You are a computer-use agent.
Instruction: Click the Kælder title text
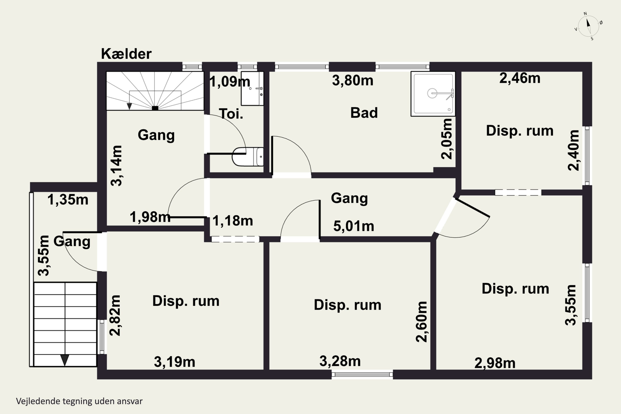126,54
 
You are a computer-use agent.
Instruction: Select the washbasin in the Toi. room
252,88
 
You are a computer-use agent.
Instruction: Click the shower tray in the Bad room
433,94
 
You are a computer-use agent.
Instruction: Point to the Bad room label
364,113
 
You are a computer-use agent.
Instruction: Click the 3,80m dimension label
353,81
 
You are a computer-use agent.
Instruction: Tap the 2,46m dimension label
520,78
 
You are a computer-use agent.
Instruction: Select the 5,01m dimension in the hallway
354,226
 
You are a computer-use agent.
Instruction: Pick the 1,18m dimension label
233,221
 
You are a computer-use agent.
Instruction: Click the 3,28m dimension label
340,361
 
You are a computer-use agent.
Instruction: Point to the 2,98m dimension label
495,363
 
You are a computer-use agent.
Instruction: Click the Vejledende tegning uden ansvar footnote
79,401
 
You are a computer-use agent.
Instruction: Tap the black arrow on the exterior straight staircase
65,360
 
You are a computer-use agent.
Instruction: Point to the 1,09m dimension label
230,82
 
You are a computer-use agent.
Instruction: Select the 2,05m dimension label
447,139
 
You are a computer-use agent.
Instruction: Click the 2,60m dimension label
421,322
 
